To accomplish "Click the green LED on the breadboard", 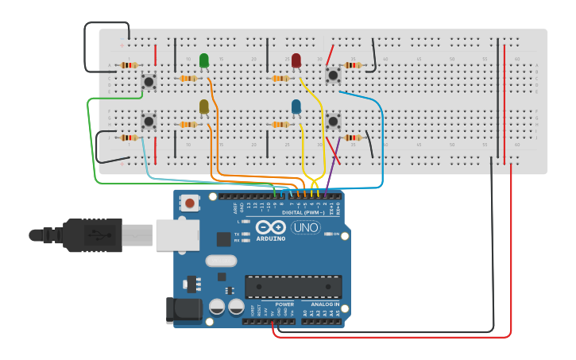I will [x=204, y=60].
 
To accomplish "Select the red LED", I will [x=296, y=60].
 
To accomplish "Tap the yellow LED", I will [x=204, y=106].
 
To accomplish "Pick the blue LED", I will [x=296, y=106].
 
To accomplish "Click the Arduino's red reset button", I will [x=189, y=203].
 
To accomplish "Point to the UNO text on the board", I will [x=306, y=227].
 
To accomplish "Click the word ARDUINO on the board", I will [x=271, y=238].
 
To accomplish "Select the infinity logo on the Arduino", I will [x=271, y=226].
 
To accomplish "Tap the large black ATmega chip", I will [x=293, y=287].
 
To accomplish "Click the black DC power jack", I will [x=181, y=310].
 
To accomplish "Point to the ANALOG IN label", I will [x=324, y=304].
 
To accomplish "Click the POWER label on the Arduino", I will [x=284, y=304].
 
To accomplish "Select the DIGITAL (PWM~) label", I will [x=303, y=212].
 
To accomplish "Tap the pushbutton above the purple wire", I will [x=334, y=122].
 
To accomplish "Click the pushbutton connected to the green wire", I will [x=149, y=81].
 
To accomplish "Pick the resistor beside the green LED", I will [x=187, y=79].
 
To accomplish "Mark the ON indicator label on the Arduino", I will [x=336, y=234].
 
